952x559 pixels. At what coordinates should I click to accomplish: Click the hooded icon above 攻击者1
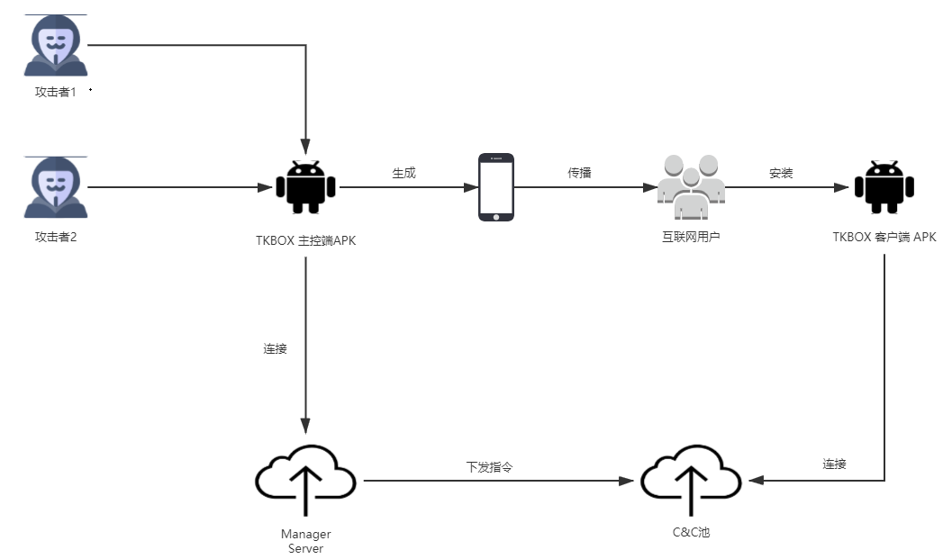click(56, 46)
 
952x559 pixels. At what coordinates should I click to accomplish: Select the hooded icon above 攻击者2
click(56, 187)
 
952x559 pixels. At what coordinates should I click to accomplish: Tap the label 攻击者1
click(56, 93)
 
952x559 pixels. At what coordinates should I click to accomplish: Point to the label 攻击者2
click(56, 237)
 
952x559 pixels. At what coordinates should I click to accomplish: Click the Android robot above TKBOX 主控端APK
click(305, 187)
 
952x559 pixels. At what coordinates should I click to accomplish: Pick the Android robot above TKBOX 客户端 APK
click(884, 187)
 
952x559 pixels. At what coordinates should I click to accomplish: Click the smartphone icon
click(495, 187)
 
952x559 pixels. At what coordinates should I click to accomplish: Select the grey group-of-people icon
click(691, 188)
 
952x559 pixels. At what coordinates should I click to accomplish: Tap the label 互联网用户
click(690, 238)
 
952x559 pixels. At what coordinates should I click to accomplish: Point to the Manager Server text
click(305, 541)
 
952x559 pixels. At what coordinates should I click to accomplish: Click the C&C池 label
click(691, 533)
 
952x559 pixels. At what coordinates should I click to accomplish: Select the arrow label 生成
click(403, 173)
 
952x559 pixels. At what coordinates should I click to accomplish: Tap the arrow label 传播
click(579, 173)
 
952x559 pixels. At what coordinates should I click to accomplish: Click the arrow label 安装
click(781, 173)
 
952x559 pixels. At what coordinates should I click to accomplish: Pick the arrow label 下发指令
click(489, 467)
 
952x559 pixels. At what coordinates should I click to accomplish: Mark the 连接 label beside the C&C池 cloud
click(834, 464)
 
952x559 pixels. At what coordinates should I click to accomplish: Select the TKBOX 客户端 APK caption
click(884, 238)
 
